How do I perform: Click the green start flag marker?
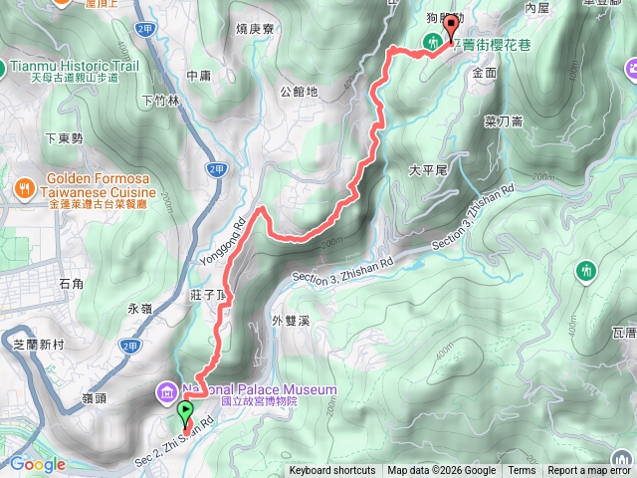(185, 410)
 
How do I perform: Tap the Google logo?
(38, 464)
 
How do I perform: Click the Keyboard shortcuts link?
(332, 471)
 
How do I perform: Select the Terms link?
(522, 471)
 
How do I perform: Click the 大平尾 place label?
(430, 170)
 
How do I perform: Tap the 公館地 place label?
(299, 92)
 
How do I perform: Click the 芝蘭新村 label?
(38, 343)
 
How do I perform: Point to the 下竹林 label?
(159, 100)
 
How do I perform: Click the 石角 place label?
(72, 284)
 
